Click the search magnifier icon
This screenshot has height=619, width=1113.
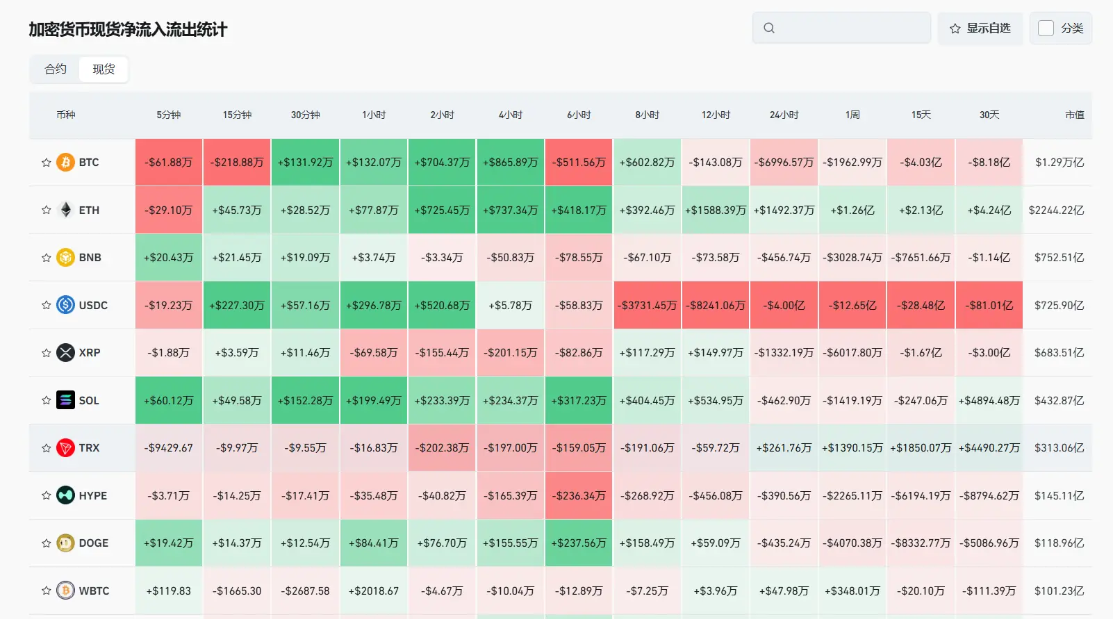pyautogui.click(x=769, y=28)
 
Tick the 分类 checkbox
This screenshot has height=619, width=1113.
pyautogui.click(x=1046, y=28)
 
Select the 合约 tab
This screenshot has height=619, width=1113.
pyautogui.click(x=55, y=69)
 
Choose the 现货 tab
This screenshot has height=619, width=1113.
pyautogui.click(x=104, y=69)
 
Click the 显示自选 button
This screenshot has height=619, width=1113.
pyautogui.click(x=980, y=28)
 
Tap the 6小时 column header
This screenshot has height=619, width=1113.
pyautogui.click(x=579, y=115)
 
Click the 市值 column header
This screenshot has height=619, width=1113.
pyautogui.click(x=1074, y=115)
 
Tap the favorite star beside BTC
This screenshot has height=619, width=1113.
pyautogui.click(x=47, y=163)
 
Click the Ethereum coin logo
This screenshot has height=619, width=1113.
pyautogui.click(x=65, y=210)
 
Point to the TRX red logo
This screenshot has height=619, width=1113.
pyautogui.click(x=65, y=447)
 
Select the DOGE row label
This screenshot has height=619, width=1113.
pyautogui.click(x=93, y=543)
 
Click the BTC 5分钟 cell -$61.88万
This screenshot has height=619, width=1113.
pyautogui.click(x=169, y=163)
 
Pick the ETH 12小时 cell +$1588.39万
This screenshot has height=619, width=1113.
pyautogui.click(x=716, y=210)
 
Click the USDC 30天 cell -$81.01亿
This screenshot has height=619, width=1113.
pyautogui.click(x=989, y=305)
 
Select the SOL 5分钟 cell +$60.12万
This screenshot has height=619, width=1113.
pyautogui.click(x=169, y=400)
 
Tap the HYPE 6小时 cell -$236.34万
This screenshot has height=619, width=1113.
pyautogui.click(x=579, y=496)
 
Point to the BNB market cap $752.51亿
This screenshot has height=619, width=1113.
pyautogui.click(x=1059, y=257)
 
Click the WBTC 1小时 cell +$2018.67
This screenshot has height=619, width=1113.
pyautogui.click(x=374, y=591)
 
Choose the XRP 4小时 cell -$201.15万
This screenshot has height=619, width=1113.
pyautogui.click(x=510, y=353)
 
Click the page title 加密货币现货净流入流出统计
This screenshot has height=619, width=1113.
pyautogui.click(x=128, y=29)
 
